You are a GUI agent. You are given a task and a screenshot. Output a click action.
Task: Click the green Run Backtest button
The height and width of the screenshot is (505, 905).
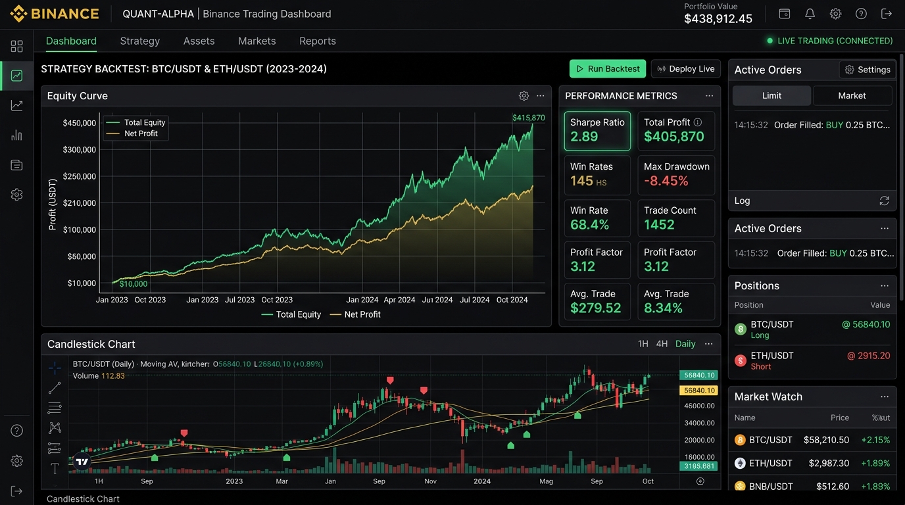click(608, 68)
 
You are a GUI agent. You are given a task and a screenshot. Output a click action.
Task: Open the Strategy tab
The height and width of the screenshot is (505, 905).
click(140, 41)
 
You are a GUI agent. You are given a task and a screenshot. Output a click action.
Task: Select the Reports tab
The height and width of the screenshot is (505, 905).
click(318, 41)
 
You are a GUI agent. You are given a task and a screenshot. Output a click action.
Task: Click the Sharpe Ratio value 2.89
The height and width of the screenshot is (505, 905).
click(584, 137)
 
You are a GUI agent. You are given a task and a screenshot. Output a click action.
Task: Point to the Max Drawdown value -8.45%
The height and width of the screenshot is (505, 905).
click(666, 181)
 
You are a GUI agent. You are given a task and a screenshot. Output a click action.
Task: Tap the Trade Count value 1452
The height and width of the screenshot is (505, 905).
click(659, 225)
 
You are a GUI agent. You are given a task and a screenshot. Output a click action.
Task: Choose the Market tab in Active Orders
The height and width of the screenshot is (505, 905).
click(852, 96)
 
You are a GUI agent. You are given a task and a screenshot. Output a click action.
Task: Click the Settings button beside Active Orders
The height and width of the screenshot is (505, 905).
click(868, 70)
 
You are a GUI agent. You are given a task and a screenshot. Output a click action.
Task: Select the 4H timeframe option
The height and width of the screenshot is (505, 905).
click(662, 344)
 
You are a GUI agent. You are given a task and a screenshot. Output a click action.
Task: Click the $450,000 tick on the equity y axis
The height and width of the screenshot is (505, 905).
click(79, 123)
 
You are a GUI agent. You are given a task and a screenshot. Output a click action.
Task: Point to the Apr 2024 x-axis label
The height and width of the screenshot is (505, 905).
click(399, 300)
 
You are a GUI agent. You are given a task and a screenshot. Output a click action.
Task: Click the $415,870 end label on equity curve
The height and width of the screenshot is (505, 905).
click(528, 118)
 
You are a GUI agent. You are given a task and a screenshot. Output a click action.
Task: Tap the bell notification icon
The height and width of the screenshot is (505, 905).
click(810, 14)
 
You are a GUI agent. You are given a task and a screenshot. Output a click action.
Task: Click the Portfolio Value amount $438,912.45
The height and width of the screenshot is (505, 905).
click(718, 18)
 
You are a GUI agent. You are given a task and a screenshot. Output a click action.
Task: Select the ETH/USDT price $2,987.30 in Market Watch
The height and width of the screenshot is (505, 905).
click(829, 463)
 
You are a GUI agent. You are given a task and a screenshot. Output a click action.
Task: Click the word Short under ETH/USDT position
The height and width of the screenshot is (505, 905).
click(761, 366)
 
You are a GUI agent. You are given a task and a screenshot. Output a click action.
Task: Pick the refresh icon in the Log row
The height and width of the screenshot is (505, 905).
click(884, 201)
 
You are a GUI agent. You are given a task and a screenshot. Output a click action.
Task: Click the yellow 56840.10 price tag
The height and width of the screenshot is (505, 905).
click(699, 391)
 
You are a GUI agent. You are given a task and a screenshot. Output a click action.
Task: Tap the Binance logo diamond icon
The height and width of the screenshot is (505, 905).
click(18, 14)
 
